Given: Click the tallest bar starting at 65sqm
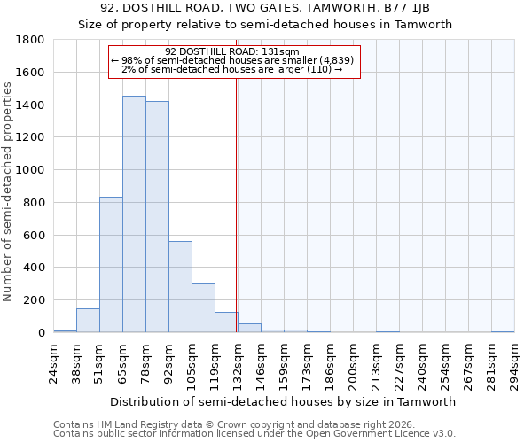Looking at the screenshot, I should tap(134, 214).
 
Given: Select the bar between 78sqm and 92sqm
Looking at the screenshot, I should tap(157, 217).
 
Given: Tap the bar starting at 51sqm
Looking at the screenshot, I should tap(111, 265).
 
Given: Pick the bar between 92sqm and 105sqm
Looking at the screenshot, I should tap(180, 287).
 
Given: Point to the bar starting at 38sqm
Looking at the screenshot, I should tap(88, 321).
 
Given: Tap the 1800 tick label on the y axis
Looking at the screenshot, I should tap(31, 40).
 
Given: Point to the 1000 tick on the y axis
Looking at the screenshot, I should tap(31, 170).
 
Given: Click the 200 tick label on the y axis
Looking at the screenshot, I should tap(35, 300).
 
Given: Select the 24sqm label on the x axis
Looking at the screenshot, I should tap(54, 360).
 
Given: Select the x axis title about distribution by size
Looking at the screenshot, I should tap(284, 401).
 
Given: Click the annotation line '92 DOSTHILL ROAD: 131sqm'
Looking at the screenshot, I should tap(234, 51).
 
